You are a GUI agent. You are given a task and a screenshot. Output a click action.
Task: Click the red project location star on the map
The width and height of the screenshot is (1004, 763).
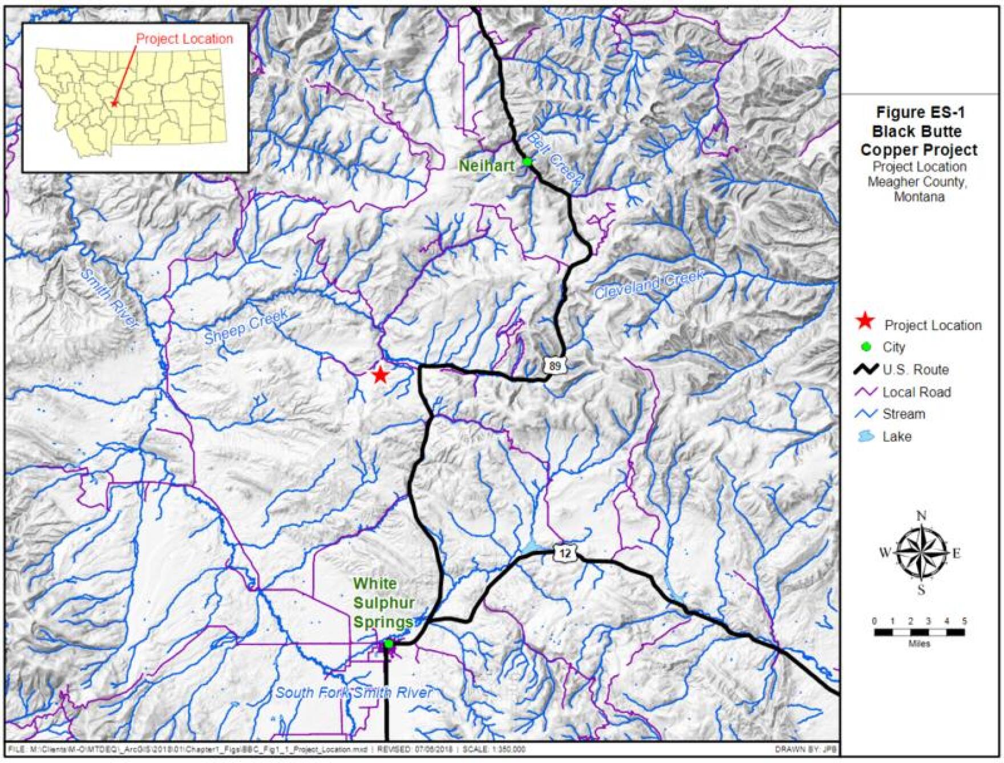[380, 375]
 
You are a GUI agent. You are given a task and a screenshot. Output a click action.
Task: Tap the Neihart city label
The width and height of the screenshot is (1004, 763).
[487, 166]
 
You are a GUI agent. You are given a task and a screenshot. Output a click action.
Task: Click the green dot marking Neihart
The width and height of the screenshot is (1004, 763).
[528, 162]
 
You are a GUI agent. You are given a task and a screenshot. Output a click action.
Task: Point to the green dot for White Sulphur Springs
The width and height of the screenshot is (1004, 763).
[388, 644]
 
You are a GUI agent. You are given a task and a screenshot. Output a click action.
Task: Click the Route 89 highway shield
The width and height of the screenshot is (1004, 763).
[555, 366]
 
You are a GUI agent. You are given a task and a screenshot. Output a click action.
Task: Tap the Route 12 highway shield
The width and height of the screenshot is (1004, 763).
[565, 553]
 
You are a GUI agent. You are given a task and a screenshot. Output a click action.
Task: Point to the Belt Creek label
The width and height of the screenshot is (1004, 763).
[554, 160]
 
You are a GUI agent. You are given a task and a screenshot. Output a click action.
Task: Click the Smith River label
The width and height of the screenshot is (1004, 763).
[110, 298]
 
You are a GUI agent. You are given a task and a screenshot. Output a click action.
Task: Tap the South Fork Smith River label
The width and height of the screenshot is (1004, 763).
[354, 693]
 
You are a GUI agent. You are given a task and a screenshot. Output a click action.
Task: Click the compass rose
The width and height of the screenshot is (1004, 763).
[920, 553]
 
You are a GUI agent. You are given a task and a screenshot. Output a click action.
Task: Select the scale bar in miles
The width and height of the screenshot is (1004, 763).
[919, 632]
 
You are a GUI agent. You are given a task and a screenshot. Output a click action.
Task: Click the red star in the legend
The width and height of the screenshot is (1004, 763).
[865, 322]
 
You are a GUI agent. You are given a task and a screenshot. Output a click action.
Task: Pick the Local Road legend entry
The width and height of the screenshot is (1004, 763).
[916, 392]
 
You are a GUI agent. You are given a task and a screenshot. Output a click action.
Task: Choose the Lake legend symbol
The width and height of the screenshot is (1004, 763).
[866, 437]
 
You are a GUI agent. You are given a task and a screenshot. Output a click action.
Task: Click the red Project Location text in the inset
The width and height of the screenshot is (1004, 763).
[184, 39]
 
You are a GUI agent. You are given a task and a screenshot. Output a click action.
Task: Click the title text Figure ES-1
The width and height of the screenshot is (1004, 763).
[919, 112]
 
